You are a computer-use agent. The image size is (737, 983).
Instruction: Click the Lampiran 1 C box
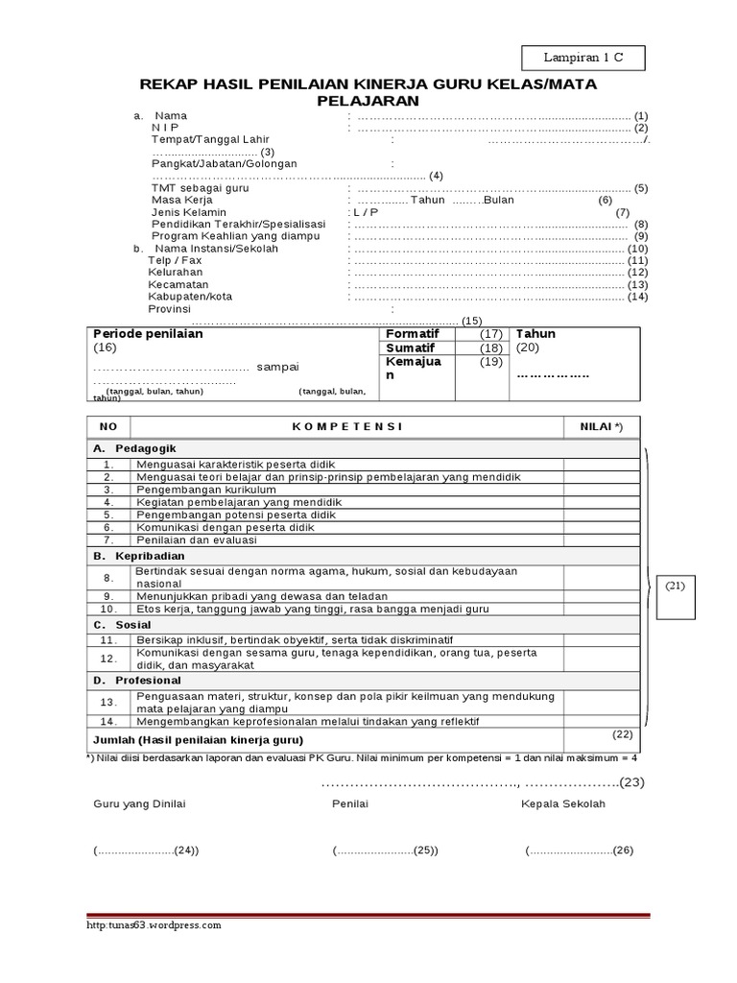(x=583, y=59)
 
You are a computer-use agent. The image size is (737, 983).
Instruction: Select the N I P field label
(x=164, y=128)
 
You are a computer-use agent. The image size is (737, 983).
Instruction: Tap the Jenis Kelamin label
(x=189, y=212)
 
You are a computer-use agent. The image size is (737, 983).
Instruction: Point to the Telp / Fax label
(x=175, y=260)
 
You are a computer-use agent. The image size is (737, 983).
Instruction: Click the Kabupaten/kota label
(x=190, y=298)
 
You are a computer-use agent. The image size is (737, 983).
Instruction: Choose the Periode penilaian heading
(x=148, y=335)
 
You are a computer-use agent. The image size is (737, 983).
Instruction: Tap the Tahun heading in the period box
(x=535, y=334)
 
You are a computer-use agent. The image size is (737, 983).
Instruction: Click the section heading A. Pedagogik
(x=134, y=448)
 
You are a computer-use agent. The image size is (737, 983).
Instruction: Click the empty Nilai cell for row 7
(x=601, y=540)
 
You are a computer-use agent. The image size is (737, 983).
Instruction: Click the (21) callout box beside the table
(x=674, y=586)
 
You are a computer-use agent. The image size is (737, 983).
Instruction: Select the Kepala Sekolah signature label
(x=563, y=804)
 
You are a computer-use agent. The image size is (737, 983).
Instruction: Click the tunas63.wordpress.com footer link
(x=155, y=925)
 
